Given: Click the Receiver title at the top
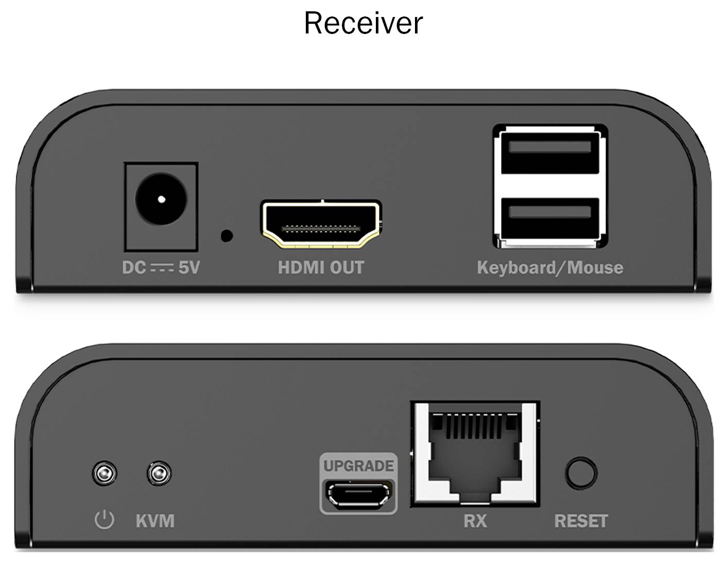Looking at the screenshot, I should [363, 23].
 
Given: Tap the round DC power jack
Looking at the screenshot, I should [161, 199].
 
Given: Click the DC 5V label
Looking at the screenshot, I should [161, 268].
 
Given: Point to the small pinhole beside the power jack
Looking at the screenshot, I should [226, 236].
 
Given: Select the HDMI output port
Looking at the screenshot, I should [321, 223].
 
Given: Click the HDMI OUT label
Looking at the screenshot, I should [321, 268].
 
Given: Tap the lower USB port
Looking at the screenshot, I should [550, 218].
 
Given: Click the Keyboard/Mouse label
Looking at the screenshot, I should [550, 268].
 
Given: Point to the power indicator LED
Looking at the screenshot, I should [104, 473].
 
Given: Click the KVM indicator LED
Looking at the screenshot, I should [159, 473].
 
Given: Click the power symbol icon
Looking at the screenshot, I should [104, 520].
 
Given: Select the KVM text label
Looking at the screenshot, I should [155, 521].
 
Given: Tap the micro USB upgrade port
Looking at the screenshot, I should [359, 495].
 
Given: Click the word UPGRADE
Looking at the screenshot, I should [358, 466].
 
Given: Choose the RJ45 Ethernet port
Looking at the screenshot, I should [475, 453].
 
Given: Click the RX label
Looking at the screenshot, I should [475, 521].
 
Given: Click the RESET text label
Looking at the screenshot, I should [581, 521].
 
